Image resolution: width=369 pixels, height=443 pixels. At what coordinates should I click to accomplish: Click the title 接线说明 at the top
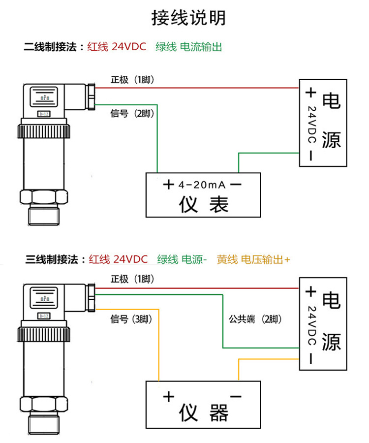tap(188, 18)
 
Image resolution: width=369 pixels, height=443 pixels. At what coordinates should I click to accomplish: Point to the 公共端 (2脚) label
tap(255, 319)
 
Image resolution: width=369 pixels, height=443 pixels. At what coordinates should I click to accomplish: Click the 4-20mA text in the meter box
tap(202, 186)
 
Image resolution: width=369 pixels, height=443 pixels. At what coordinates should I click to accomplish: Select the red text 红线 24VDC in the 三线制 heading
tap(118, 259)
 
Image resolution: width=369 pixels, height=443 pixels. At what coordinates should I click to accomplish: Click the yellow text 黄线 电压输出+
tap(253, 259)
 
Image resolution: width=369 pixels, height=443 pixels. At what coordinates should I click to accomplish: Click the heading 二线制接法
tap(50, 48)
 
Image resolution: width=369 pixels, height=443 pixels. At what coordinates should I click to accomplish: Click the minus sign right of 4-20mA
tap(236, 185)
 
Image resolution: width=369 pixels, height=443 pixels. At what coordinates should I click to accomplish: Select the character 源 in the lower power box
tap(331, 341)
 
